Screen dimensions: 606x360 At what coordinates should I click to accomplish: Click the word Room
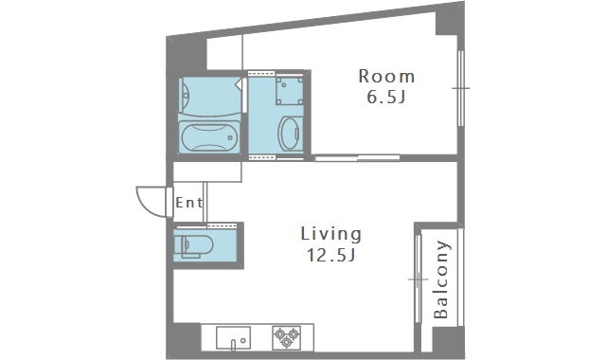(x=386, y=76)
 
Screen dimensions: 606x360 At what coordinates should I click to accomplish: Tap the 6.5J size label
(x=386, y=97)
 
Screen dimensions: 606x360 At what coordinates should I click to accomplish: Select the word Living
(x=331, y=234)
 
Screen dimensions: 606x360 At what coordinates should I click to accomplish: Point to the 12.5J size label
(x=331, y=255)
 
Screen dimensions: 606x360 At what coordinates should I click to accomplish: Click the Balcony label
(x=440, y=279)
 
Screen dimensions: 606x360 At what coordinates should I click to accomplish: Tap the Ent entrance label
(x=189, y=202)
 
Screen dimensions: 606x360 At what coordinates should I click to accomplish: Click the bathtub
(x=208, y=137)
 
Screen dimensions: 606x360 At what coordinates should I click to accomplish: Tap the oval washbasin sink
(x=291, y=134)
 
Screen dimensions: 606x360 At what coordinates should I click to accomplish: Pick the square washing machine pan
(x=290, y=91)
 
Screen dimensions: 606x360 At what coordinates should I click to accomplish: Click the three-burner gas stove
(x=286, y=337)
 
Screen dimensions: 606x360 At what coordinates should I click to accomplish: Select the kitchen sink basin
(x=233, y=337)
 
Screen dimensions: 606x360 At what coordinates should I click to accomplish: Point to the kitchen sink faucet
(x=233, y=344)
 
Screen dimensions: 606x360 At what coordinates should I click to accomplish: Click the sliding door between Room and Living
(x=357, y=158)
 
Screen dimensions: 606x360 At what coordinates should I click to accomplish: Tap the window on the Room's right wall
(x=461, y=88)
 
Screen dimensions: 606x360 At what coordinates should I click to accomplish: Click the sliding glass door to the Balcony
(x=418, y=279)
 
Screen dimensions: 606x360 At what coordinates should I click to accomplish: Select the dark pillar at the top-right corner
(x=451, y=19)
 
